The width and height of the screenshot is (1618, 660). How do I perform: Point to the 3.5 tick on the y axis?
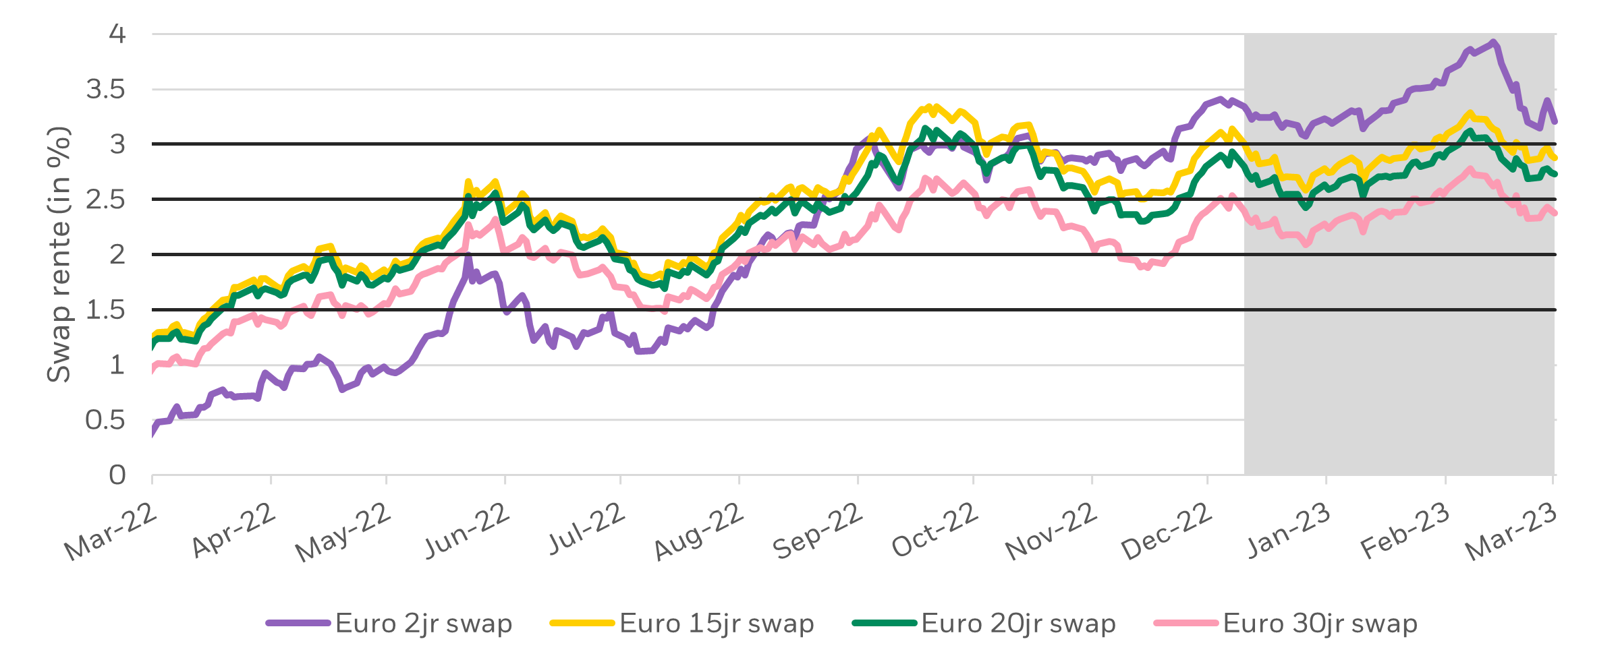(x=106, y=89)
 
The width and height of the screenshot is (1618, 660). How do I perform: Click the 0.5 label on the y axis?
(x=106, y=421)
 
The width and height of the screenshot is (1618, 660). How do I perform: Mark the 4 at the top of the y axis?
(x=117, y=34)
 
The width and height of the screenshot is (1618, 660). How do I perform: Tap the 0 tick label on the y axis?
(x=117, y=475)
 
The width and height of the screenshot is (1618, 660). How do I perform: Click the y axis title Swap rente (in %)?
(x=59, y=255)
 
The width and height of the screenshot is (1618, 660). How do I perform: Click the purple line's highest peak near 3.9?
(x=1494, y=42)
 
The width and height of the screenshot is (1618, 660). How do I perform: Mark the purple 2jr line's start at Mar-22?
(x=154, y=431)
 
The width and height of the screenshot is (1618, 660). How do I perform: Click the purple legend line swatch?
(x=298, y=624)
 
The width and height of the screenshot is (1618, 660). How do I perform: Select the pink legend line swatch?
(x=1186, y=624)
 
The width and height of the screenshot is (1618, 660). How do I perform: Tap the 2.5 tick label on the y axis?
(x=106, y=200)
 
